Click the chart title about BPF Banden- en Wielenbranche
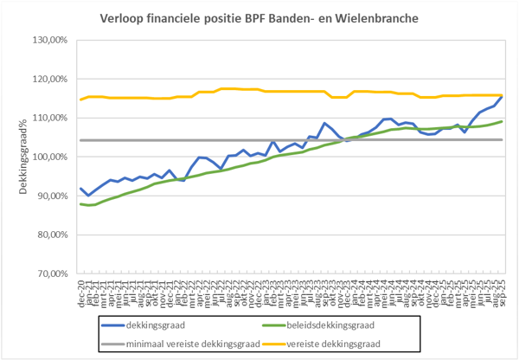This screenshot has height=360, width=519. pyautogui.click(x=260, y=17)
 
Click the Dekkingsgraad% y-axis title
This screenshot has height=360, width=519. pyautogui.click(x=24, y=157)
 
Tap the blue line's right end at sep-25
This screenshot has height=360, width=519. pyautogui.click(x=503, y=96)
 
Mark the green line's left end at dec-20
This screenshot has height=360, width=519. pyautogui.click(x=80, y=204)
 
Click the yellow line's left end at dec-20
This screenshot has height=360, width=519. pyautogui.click(x=80, y=100)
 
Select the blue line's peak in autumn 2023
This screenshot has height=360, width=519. pyautogui.click(x=324, y=124)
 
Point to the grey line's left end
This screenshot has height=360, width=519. pyautogui.click(x=80, y=140)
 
